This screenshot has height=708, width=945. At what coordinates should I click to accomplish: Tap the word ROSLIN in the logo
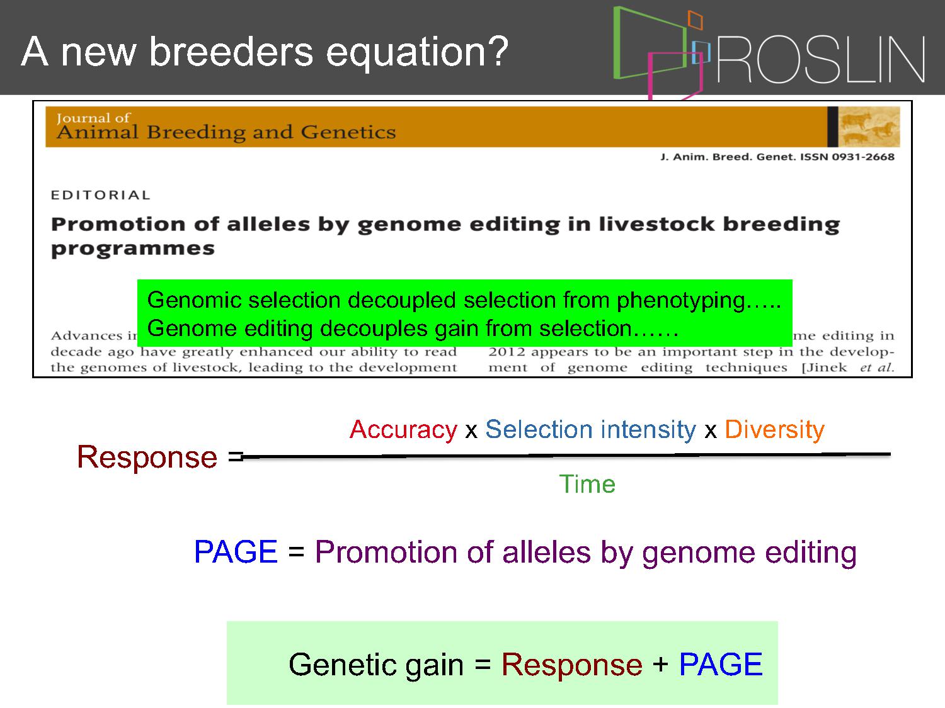[x=820, y=59]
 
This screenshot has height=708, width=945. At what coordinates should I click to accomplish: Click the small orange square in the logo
[x=695, y=20]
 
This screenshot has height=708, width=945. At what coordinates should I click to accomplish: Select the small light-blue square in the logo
[x=701, y=52]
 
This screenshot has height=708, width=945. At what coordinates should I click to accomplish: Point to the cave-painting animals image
[x=869, y=127]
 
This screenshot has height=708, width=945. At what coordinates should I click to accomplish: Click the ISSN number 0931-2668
[x=862, y=157]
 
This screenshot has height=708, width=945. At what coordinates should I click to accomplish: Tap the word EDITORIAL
[x=100, y=195]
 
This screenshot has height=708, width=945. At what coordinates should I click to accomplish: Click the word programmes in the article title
[x=132, y=249]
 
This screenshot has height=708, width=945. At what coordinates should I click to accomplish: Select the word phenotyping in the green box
[x=680, y=300]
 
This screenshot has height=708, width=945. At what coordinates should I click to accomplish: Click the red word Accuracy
[x=403, y=429]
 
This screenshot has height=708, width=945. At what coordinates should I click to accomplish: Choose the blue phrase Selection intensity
[x=591, y=429]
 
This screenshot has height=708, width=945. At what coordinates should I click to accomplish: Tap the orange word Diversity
[x=774, y=429]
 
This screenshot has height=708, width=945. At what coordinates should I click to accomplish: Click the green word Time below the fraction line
[x=587, y=484]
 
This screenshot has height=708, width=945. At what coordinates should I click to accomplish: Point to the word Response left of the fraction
[x=147, y=457]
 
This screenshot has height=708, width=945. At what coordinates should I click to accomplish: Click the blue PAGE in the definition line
[x=236, y=551]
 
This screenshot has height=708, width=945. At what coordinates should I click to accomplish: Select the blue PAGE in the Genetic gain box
[x=721, y=665]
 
